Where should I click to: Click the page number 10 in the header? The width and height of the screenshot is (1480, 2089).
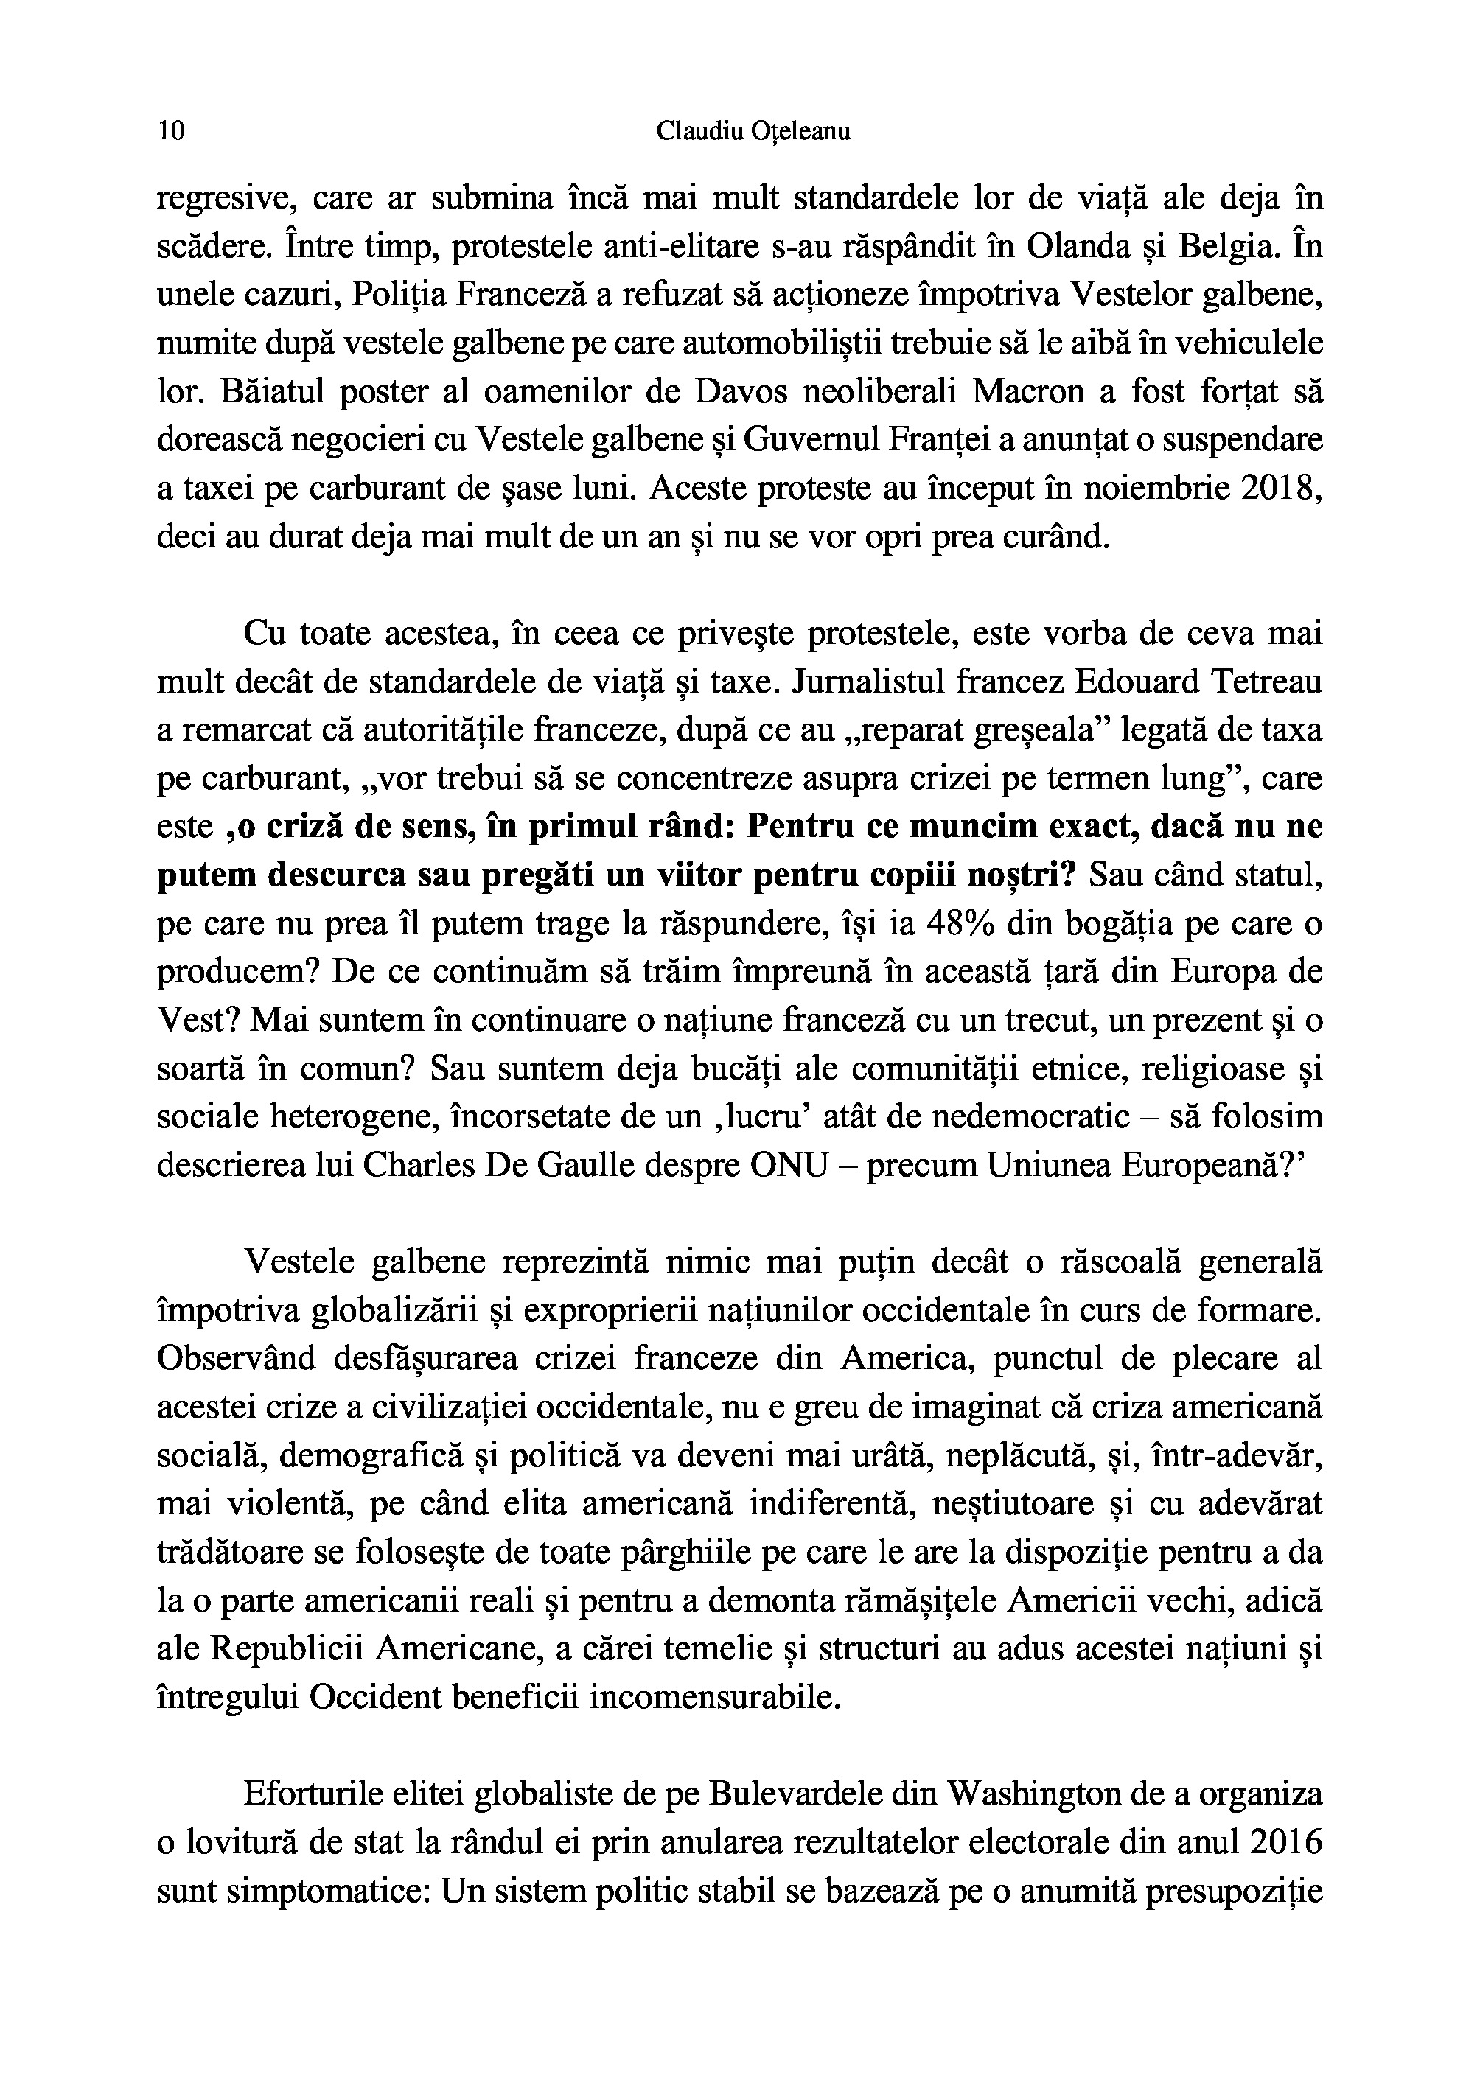pyautogui.click(x=171, y=131)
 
